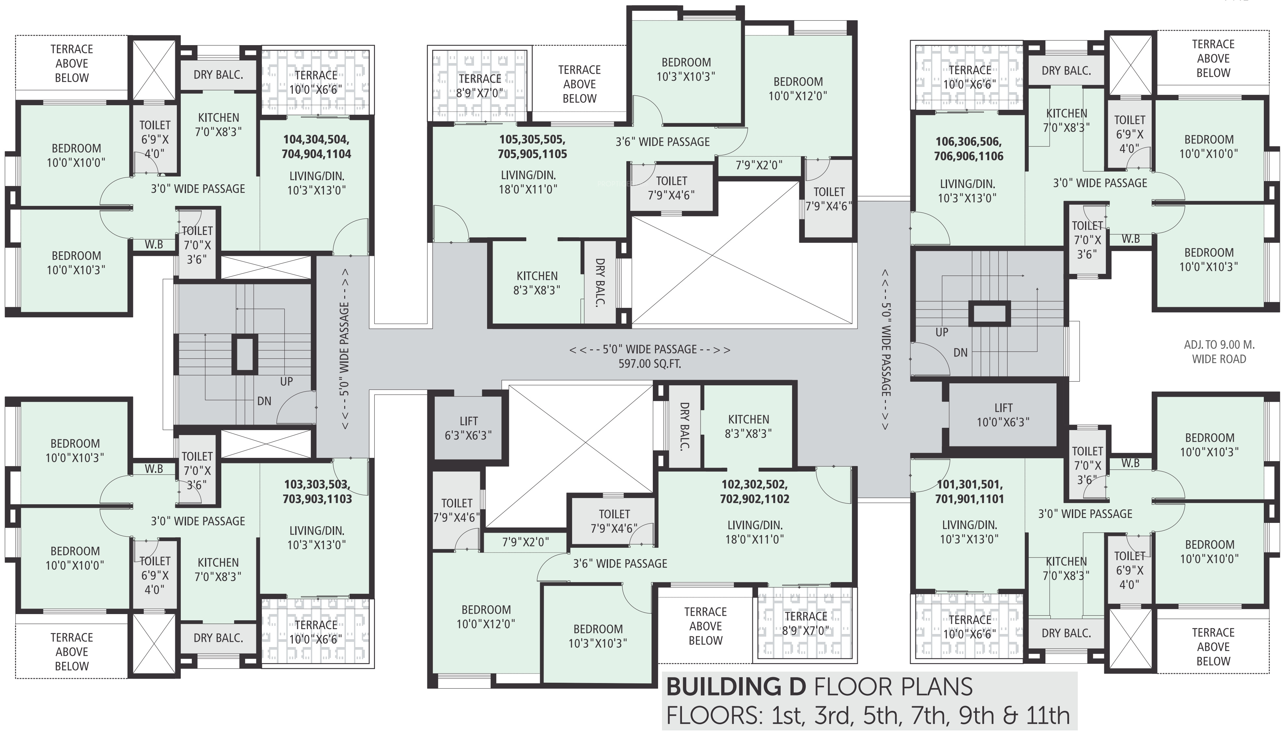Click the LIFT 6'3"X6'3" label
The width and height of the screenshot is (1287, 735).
click(x=468, y=428)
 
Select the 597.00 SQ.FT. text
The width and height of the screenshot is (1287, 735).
click(x=649, y=363)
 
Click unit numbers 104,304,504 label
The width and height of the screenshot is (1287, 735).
click(x=316, y=139)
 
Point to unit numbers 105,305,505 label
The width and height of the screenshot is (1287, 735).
click(x=532, y=139)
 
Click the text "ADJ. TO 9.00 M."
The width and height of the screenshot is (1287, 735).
click(x=1219, y=345)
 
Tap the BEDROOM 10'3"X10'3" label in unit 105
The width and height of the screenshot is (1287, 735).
click(x=686, y=69)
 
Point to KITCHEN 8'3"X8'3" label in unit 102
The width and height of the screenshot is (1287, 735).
click(x=748, y=426)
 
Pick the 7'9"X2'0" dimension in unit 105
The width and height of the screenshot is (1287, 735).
click(x=758, y=165)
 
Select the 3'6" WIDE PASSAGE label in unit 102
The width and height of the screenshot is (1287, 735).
click(x=620, y=563)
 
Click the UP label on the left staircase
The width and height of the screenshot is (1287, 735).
click(x=286, y=382)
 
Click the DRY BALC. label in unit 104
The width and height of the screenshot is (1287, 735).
click(x=218, y=75)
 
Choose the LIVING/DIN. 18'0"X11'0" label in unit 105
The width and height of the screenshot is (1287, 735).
click(x=528, y=182)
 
